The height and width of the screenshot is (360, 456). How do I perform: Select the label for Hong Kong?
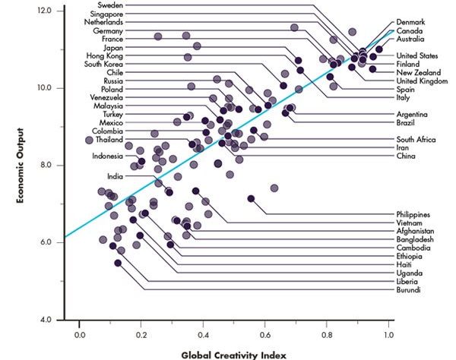pos(105,55)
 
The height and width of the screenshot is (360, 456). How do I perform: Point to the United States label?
pos(417,55)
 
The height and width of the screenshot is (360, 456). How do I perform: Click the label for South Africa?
pos(416,139)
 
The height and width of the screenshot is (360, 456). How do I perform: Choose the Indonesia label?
pos(108,156)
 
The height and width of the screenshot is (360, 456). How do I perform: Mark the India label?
pos(116,176)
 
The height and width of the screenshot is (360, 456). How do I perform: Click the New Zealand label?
pos(417,72)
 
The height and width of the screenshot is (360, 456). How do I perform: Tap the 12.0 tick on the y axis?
pos(44,11)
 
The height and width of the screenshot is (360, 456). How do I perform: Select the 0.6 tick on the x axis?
pos(265,333)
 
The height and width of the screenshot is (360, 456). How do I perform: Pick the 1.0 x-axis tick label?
pos(389,333)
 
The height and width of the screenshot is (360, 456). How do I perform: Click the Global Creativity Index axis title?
pos(235,353)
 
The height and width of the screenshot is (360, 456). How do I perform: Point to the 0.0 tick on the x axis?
pos(80,333)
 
